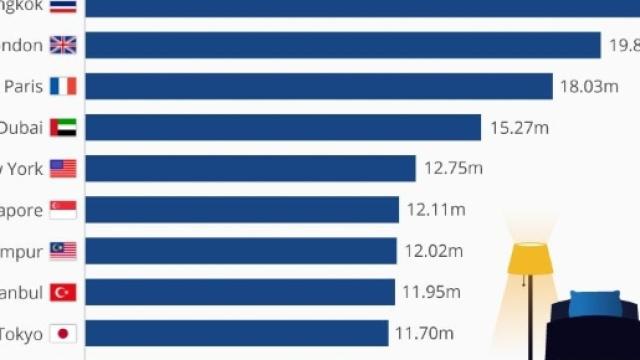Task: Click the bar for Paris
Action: coord(318,86)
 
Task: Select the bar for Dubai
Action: coord(283,128)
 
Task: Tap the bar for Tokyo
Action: coord(236,333)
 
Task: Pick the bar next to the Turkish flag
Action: coord(240,292)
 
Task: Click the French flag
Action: coord(63,86)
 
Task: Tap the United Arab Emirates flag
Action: coord(63,128)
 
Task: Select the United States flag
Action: coord(63,169)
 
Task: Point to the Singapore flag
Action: coord(63,210)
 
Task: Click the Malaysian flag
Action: coord(63,251)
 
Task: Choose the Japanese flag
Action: coord(63,333)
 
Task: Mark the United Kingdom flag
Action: coord(63,45)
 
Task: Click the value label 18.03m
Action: coord(589,87)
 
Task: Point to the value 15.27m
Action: coord(519,128)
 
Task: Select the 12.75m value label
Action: coord(453,169)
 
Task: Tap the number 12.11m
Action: coord(436,210)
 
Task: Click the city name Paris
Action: coord(23,86)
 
